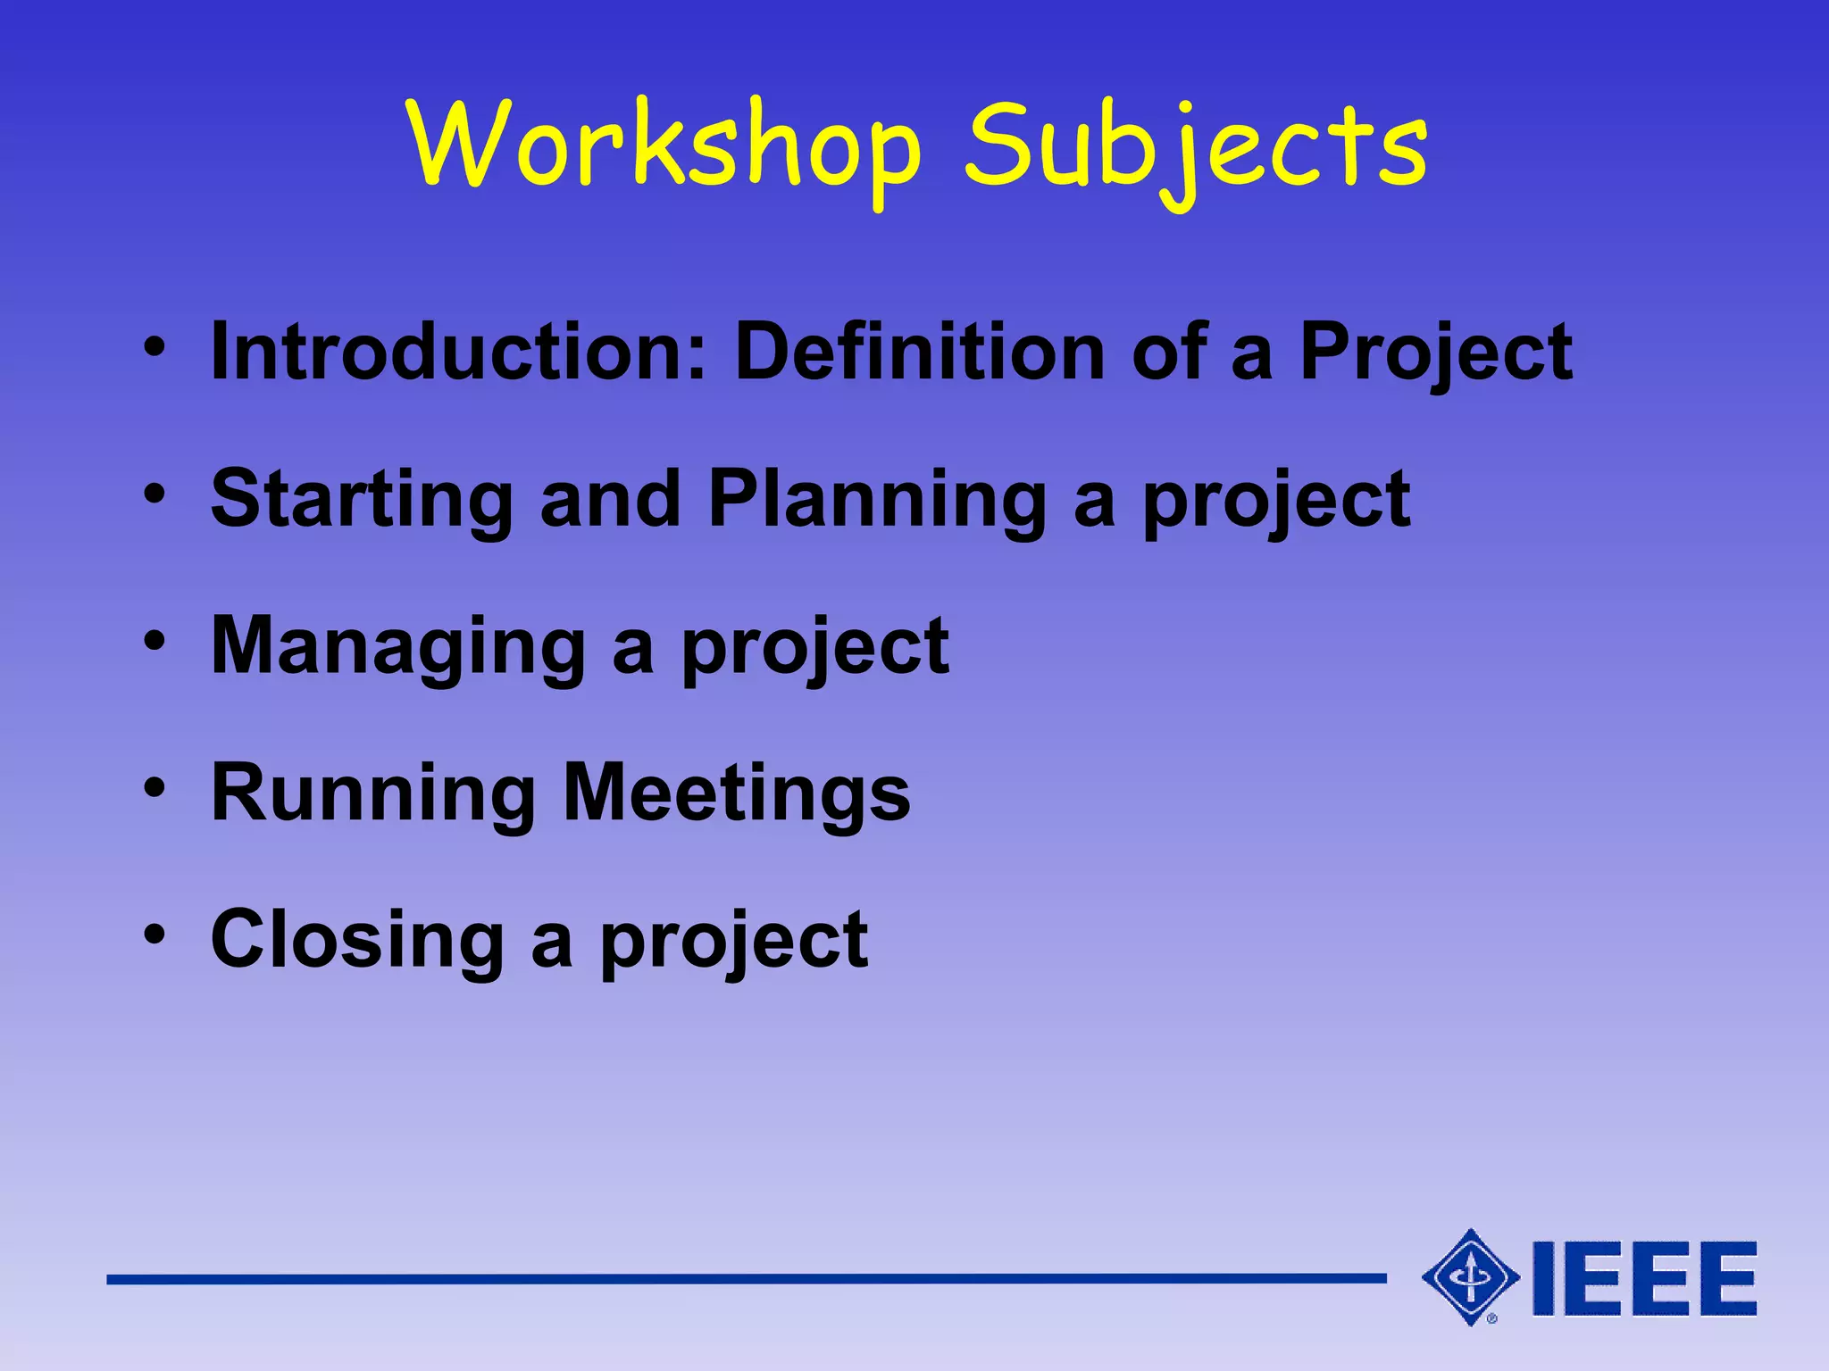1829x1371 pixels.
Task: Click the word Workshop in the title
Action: (665, 145)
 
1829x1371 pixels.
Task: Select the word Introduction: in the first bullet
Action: (458, 352)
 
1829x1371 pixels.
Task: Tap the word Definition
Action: (919, 352)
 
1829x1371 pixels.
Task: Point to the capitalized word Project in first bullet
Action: (1435, 355)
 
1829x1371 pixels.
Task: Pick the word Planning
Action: (877, 502)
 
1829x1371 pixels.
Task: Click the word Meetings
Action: (738, 794)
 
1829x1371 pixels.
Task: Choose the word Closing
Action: (358, 941)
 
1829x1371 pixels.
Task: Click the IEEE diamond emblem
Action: (1470, 1277)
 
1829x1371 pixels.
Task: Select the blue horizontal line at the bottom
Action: (746, 1279)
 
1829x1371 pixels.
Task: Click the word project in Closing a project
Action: (733, 944)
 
